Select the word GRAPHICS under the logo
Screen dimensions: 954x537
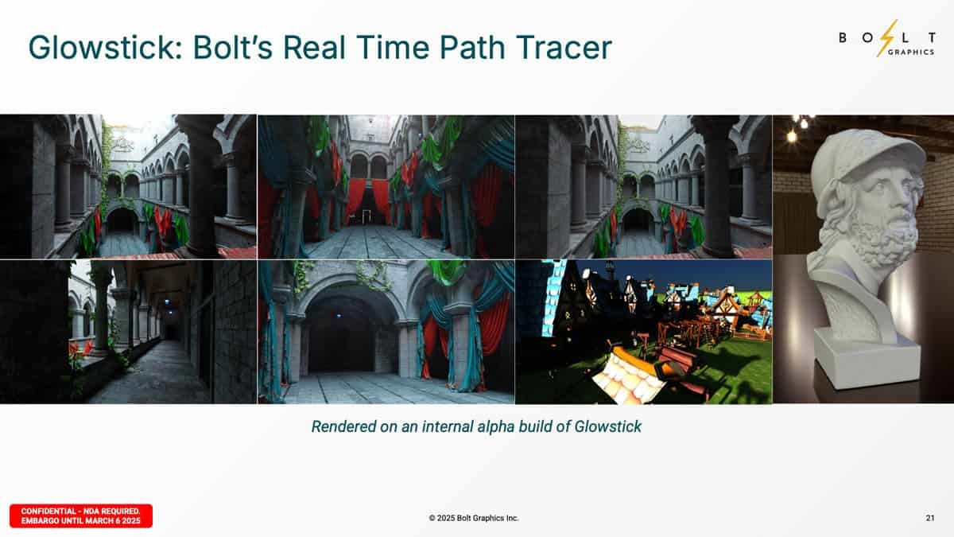point(911,52)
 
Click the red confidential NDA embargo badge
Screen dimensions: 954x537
point(81,516)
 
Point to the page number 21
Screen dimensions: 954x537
point(930,518)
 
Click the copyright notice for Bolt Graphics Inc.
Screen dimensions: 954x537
point(474,518)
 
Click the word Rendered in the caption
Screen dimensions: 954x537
point(343,426)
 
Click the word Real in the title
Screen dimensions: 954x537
point(314,48)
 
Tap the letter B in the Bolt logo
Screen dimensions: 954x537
point(843,38)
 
